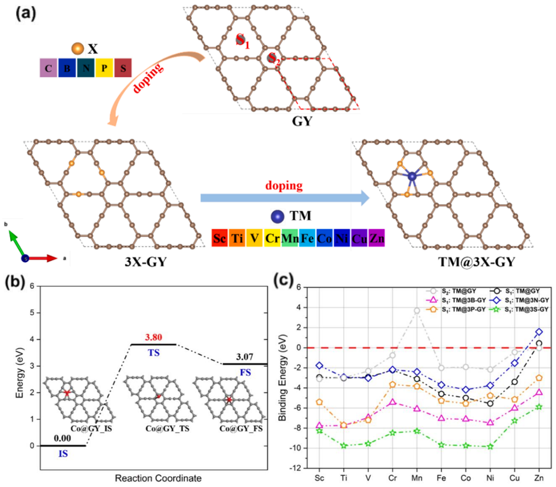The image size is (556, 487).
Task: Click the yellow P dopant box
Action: point(104,68)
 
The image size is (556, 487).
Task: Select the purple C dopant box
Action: point(49,68)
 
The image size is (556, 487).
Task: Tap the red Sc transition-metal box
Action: point(220,238)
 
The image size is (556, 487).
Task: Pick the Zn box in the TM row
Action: point(376,238)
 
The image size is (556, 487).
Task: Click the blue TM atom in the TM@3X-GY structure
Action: point(412,176)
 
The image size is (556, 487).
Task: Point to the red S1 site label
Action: point(243,40)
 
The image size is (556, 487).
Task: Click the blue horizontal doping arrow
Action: point(285,198)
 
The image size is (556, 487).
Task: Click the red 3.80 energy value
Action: point(153,337)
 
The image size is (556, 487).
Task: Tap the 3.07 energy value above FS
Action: point(245,357)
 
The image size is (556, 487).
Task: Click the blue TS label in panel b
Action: point(154,353)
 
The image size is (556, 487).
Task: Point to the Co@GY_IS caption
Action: point(91,429)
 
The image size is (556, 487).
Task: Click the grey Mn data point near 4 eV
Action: point(417,311)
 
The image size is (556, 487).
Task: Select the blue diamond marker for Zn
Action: point(539,332)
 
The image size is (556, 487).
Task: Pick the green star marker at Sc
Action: point(319,430)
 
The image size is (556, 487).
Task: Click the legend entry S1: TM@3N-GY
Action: point(520,300)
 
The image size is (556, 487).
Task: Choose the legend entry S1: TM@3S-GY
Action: point(520,310)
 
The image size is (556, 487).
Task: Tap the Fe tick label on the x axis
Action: point(441,478)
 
